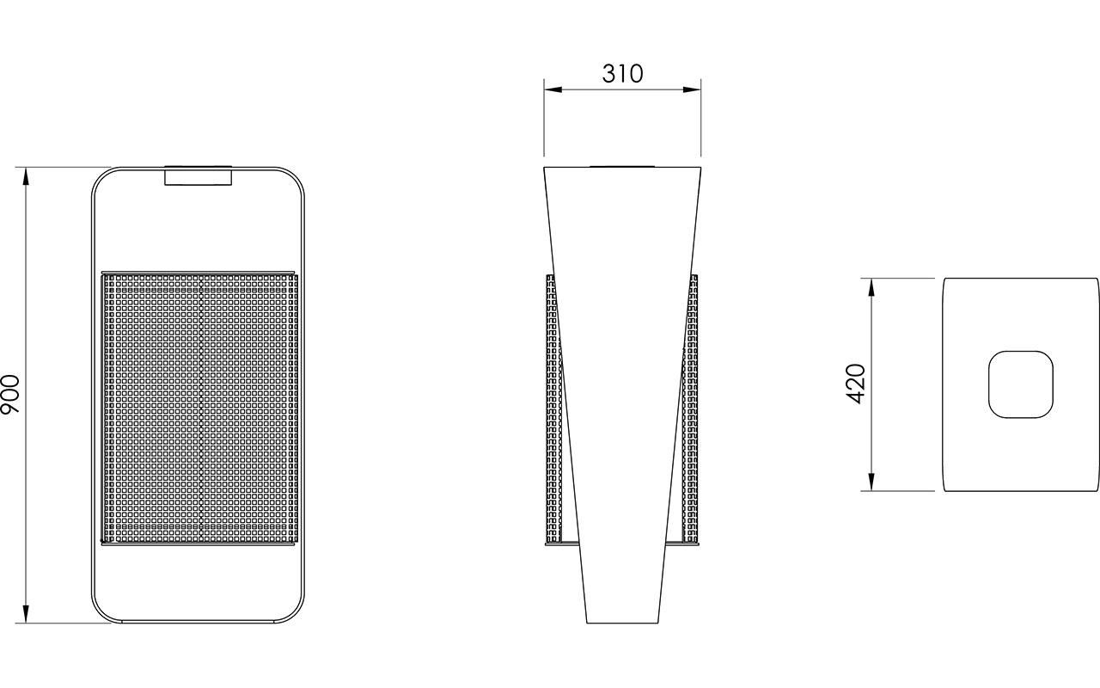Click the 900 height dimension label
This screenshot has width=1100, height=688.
tap(10, 394)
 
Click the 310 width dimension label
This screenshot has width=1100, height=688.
tap(622, 74)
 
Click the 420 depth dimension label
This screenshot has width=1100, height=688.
tap(856, 384)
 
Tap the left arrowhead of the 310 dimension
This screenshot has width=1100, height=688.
tap(553, 89)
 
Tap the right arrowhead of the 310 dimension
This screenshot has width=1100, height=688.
tap(692, 89)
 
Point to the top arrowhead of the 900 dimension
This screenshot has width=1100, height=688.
tap(26, 176)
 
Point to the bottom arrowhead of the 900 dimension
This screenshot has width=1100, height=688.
tap(26, 614)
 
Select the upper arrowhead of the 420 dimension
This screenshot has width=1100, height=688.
tap(871, 287)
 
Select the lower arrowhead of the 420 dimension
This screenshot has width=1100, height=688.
tap(871, 482)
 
